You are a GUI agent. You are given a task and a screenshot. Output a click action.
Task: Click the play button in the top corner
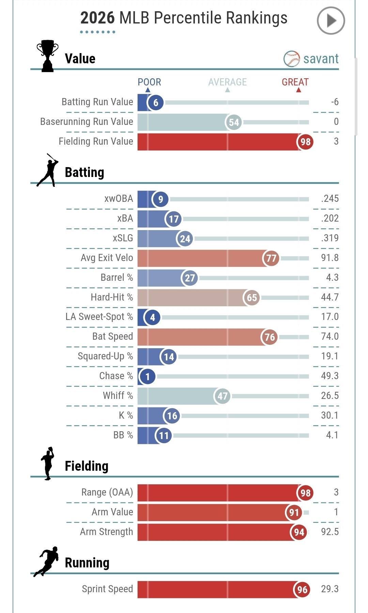pos(331,21)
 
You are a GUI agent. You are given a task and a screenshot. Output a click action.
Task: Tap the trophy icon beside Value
pos(47,56)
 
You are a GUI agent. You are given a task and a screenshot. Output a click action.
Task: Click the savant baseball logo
pos(291,59)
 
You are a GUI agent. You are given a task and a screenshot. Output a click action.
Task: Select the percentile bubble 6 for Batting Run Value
pos(156,102)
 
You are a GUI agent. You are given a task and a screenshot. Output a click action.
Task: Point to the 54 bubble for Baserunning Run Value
pos(234,122)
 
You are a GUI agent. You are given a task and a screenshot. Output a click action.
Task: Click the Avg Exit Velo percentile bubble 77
pos(271,258)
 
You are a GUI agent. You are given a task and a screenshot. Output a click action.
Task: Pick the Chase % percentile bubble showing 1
pos(148,376)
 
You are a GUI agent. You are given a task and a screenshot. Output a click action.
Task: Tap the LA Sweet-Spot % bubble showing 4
pos(152,317)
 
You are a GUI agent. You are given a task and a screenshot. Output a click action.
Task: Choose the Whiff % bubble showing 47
pos(223,396)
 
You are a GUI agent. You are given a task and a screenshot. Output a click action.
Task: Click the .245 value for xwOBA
pos(329,199)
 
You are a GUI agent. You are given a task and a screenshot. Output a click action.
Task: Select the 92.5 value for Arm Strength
pos(329,532)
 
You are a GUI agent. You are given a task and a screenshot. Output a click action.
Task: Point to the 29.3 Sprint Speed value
pos(329,589)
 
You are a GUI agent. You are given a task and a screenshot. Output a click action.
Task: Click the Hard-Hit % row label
pos(112,297)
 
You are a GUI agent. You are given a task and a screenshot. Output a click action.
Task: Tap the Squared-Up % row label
pos(105,356)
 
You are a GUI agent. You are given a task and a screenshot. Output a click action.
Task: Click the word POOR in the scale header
pos(149,82)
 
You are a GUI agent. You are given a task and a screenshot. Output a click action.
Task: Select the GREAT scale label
pos(295,82)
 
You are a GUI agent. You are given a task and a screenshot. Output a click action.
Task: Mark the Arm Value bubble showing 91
pos(294,512)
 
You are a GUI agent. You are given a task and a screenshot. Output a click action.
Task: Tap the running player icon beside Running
pos(46,562)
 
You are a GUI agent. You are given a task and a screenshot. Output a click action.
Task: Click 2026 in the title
pos(97,18)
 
